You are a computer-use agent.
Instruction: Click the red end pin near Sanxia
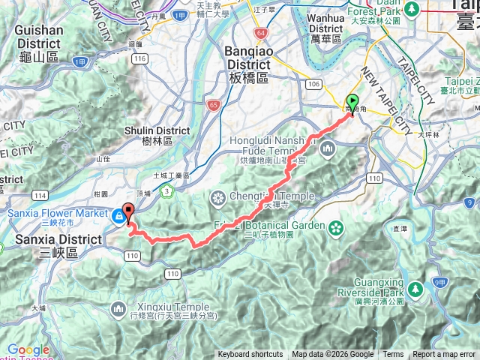[127, 213]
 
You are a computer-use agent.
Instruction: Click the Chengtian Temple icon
[218, 199]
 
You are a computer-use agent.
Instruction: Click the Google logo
[28, 350]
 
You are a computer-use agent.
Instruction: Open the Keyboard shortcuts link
[250, 355]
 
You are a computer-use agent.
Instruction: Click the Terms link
[393, 355]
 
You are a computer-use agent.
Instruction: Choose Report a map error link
[445, 355]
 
